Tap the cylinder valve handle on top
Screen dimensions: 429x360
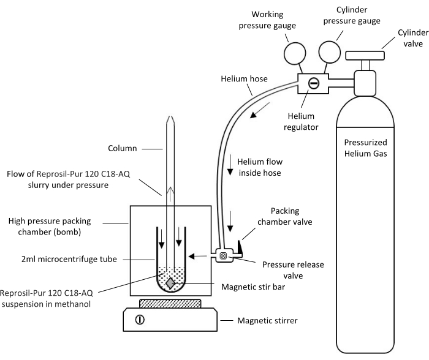pyautogui.click(x=365, y=56)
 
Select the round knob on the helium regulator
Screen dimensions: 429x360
pyautogui.click(x=314, y=83)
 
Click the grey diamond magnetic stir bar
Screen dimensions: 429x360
pyautogui.click(x=170, y=283)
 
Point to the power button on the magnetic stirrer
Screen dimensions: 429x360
pyautogui.click(x=140, y=320)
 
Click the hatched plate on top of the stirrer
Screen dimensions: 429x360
pyautogui.click(x=170, y=304)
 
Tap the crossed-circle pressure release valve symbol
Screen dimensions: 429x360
pyautogui.click(x=223, y=256)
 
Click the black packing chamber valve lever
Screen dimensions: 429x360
pyautogui.click(x=240, y=247)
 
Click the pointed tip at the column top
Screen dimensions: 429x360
pyautogui.click(x=170, y=116)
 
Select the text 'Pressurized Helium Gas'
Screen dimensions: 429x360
pyautogui.click(x=365, y=148)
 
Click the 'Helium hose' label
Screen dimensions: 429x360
pyautogui.click(x=244, y=79)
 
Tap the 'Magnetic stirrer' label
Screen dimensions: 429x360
pyautogui.click(x=267, y=320)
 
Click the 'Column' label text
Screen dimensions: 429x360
pyautogui.click(x=123, y=148)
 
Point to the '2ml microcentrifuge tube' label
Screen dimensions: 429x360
pyautogui.click(x=69, y=259)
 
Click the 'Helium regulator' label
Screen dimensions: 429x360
pyautogui.click(x=301, y=122)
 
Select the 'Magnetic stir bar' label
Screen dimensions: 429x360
pyautogui.click(x=253, y=287)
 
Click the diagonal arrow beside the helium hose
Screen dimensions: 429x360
pyautogui.click(x=260, y=110)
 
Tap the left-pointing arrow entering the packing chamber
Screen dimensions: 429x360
pyautogui.click(x=197, y=256)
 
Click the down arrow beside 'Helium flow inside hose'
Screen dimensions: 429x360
pyautogui.click(x=230, y=165)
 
